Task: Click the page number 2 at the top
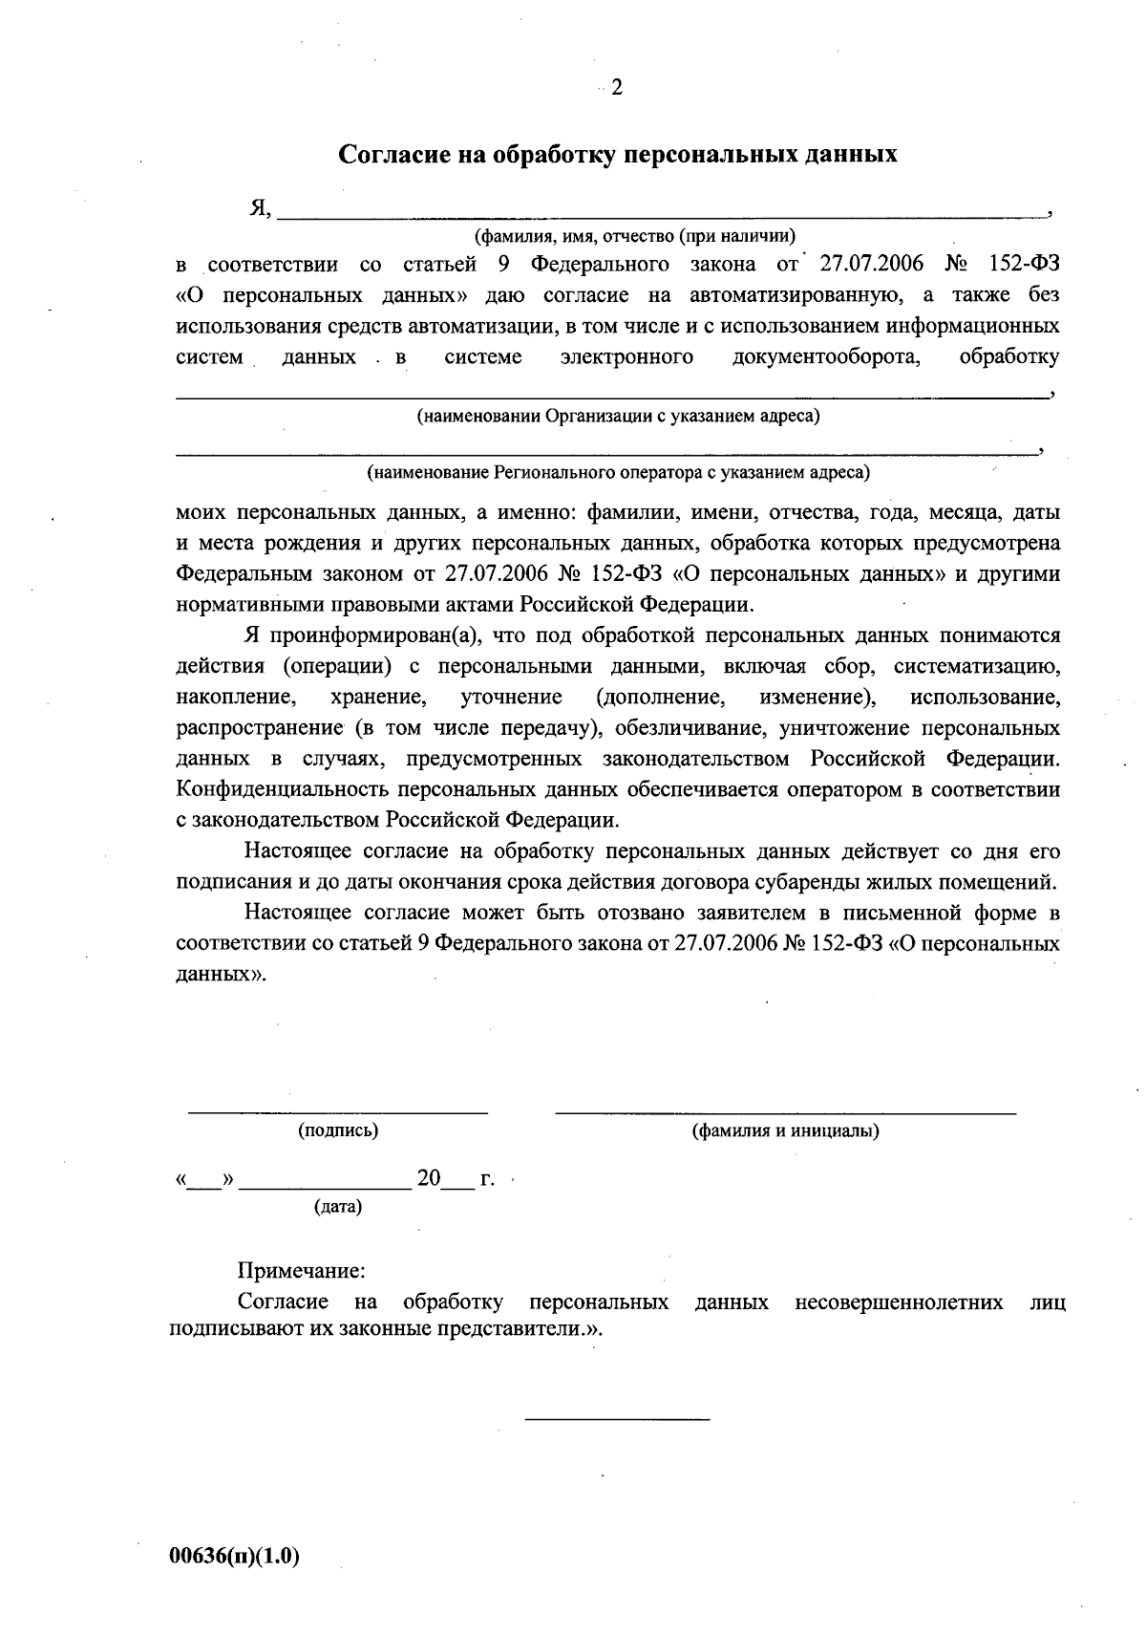pos(616,88)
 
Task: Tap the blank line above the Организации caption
pos(611,394)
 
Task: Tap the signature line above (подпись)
pos(337,1112)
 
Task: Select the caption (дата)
pos(338,1207)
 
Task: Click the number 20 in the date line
pos(428,1178)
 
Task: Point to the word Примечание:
pos(301,1271)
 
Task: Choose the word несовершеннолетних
pos(899,1302)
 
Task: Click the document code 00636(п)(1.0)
pos(235,1557)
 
